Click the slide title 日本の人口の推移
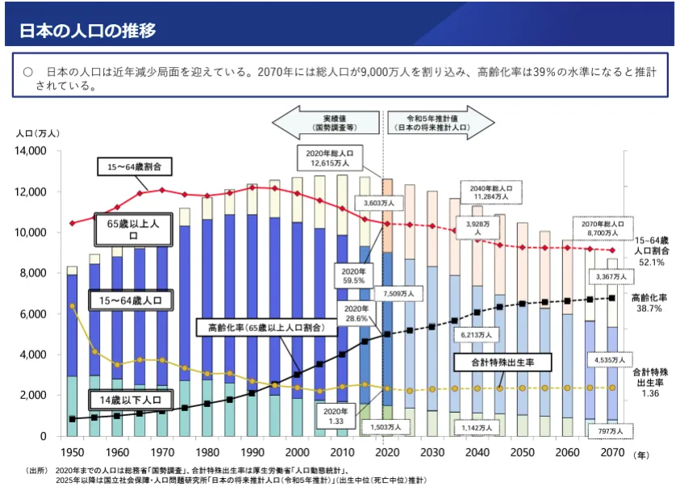point(88,31)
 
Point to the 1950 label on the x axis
point(72,451)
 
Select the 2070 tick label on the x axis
point(613,451)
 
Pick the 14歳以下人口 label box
point(129,400)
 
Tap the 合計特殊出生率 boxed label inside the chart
point(502,363)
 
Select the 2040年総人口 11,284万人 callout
point(490,191)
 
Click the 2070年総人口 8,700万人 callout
point(602,228)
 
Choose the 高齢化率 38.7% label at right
point(648,303)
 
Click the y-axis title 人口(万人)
point(37,133)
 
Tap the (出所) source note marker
point(37,470)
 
